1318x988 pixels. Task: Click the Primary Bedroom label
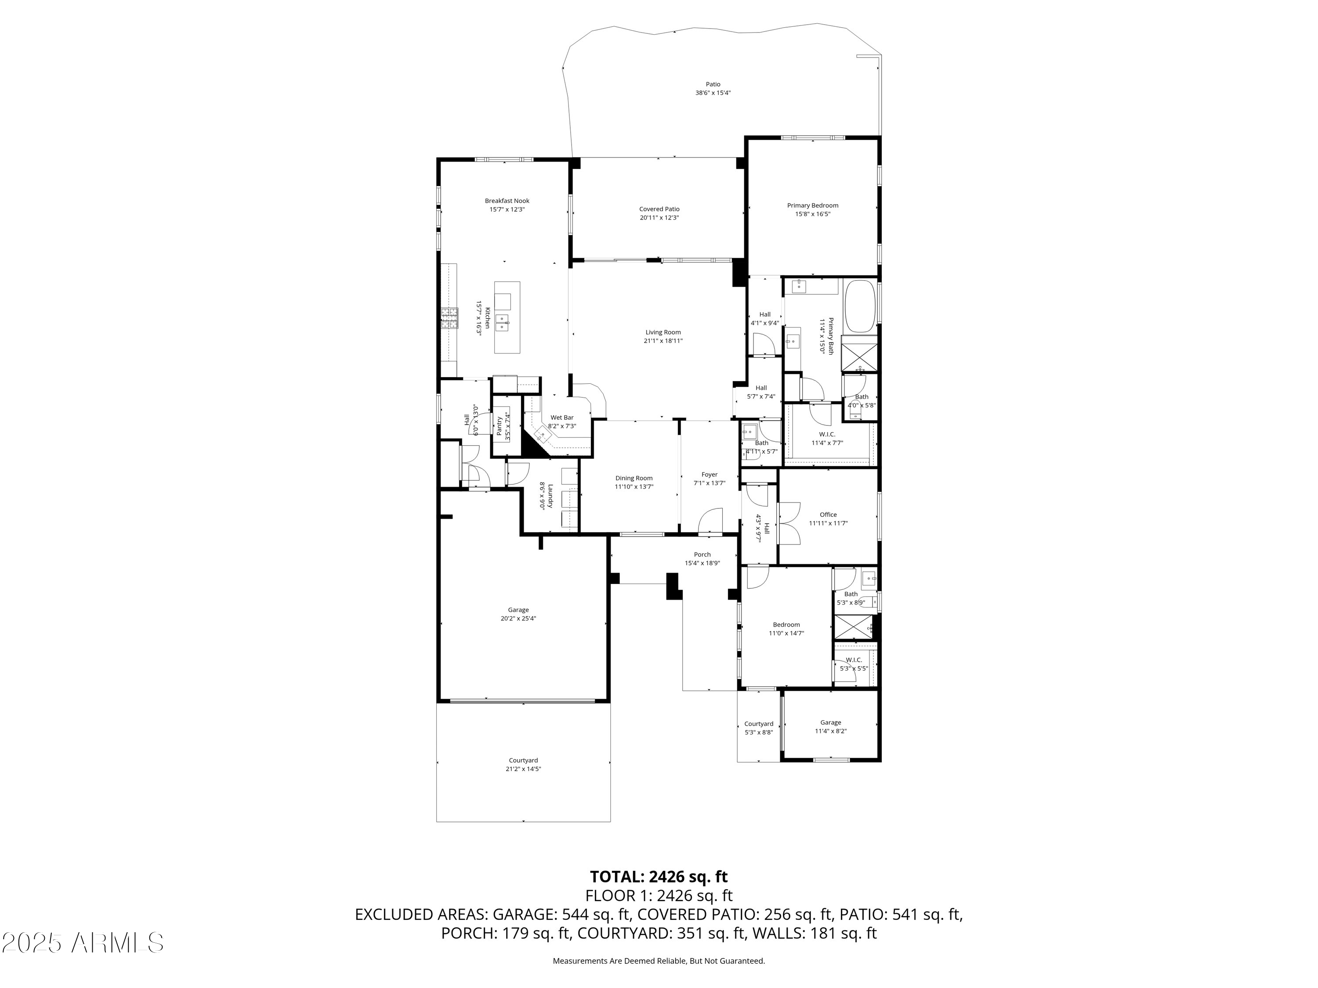point(812,206)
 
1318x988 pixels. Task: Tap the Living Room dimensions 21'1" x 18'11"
point(663,341)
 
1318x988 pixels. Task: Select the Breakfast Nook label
point(507,201)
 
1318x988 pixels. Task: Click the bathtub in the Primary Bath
point(860,306)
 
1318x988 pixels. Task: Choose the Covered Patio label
point(659,209)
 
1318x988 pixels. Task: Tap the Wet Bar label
point(562,418)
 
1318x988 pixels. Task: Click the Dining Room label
point(634,478)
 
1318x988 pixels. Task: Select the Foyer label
point(709,475)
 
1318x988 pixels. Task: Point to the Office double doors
point(789,523)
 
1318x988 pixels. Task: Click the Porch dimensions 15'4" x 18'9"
point(702,563)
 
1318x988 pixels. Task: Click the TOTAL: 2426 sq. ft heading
point(659,876)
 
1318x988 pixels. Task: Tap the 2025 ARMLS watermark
point(83,942)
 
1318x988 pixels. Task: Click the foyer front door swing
point(710,520)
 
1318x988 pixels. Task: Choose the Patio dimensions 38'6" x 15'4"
point(713,93)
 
